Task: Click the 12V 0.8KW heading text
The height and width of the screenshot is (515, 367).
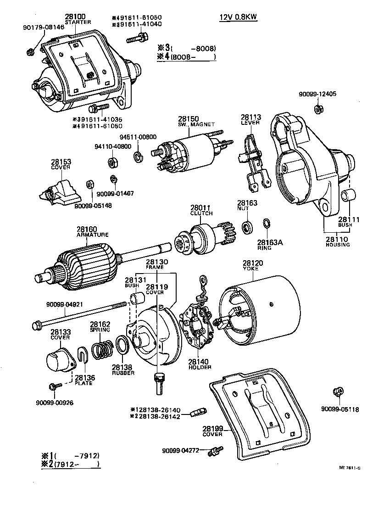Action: click(x=237, y=17)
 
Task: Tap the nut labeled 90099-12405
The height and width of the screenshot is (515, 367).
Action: click(x=317, y=109)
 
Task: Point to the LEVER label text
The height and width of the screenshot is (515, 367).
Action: click(x=250, y=123)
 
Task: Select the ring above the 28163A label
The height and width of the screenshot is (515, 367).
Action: click(x=266, y=224)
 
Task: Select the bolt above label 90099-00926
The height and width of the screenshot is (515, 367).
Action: click(x=52, y=386)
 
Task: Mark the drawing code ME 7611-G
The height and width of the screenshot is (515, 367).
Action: click(x=349, y=468)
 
